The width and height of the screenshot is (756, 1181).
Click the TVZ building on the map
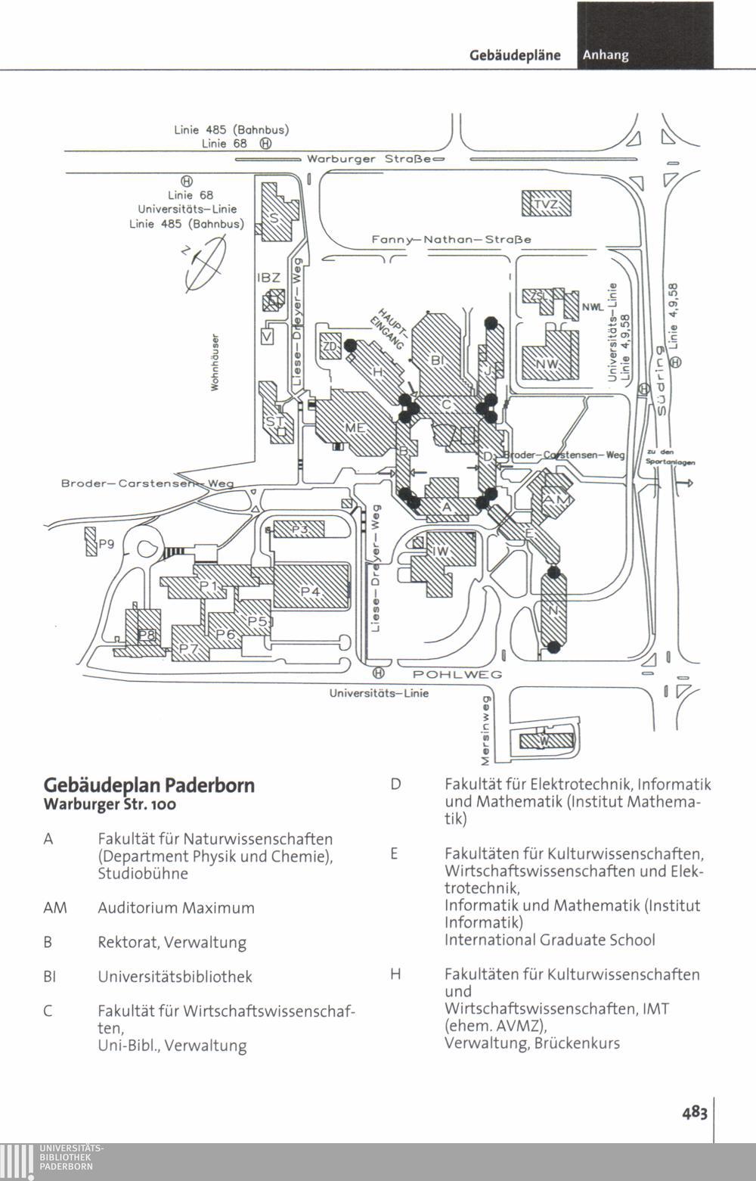click(547, 204)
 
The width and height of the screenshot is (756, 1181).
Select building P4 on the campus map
click(311, 591)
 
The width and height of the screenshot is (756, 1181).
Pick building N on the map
click(554, 610)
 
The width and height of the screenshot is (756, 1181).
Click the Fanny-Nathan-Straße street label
click(451, 239)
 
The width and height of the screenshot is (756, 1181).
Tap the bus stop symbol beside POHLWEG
click(379, 673)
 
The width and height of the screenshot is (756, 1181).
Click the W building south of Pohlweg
click(543, 741)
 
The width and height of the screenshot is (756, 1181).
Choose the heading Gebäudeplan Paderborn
click(149, 785)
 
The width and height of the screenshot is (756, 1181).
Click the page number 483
click(694, 1111)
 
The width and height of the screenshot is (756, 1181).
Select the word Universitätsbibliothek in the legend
click(175, 977)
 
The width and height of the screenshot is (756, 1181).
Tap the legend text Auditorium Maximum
click(175, 908)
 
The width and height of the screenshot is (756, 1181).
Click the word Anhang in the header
click(606, 55)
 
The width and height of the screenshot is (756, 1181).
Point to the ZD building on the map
click(330, 347)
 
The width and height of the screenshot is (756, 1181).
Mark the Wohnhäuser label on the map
click(215, 363)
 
